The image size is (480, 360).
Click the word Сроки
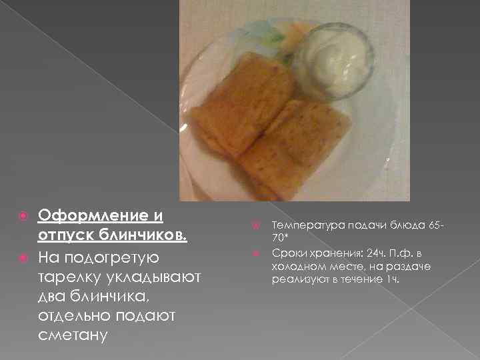(287, 253)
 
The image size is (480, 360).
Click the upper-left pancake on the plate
(244, 100)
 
